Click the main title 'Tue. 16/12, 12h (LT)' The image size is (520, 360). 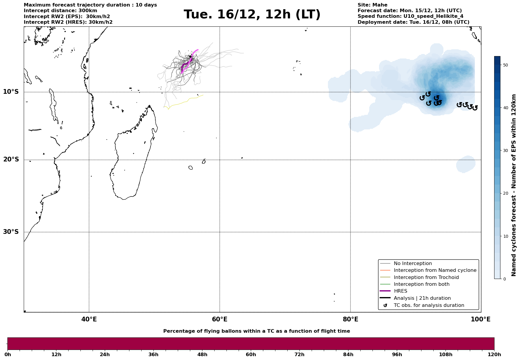(252, 15)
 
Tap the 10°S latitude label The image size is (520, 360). (11, 92)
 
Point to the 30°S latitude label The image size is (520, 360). (11, 232)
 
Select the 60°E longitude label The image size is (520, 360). (220, 319)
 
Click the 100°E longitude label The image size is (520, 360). (481, 319)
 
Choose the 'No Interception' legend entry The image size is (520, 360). (413, 264)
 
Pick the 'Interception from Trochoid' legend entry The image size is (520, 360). (426, 277)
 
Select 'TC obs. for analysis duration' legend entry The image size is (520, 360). (429, 305)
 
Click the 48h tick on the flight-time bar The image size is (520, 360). (202, 355)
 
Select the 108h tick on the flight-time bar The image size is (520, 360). (446, 355)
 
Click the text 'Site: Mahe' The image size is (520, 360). (372, 5)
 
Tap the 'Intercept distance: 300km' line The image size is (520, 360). (60, 11)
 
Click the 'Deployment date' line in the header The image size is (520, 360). (413, 22)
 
